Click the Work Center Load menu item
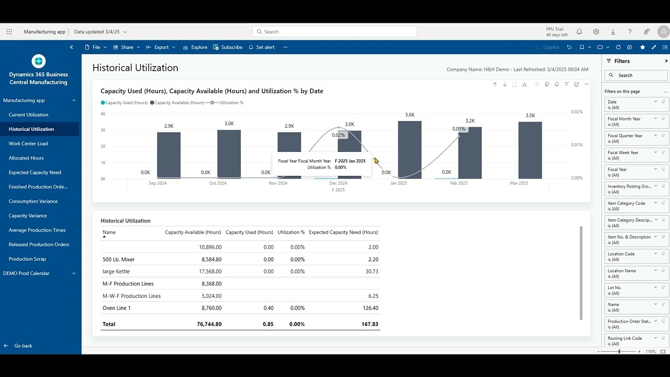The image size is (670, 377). (28, 143)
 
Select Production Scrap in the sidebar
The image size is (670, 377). (27, 259)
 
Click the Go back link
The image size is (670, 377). (23, 346)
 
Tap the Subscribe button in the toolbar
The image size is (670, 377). (228, 47)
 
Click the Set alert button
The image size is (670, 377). (261, 47)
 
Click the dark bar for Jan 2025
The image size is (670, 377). (409, 150)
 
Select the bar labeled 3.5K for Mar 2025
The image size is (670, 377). (530, 150)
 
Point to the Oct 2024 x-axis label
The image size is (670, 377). (218, 183)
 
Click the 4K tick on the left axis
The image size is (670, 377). (103, 114)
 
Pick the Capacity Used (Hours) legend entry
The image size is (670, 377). (126, 103)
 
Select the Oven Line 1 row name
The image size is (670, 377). (117, 308)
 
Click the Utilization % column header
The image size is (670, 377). (291, 232)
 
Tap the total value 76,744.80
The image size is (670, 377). (209, 324)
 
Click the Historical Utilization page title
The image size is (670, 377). (135, 68)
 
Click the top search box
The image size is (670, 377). (335, 31)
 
